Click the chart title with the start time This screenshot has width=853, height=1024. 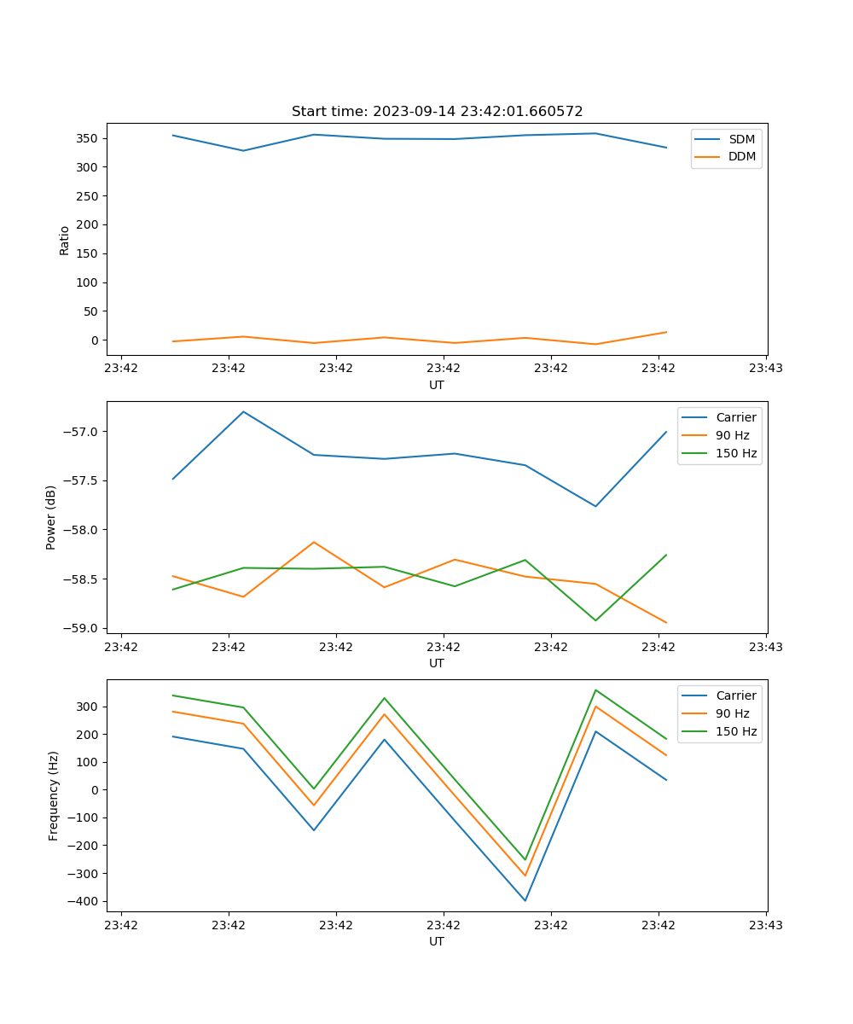click(x=437, y=112)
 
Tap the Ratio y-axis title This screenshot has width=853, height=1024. click(x=65, y=241)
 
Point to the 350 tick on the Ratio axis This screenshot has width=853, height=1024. click(x=88, y=138)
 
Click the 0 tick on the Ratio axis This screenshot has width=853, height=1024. click(x=95, y=340)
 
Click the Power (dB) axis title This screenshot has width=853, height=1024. click(x=51, y=517)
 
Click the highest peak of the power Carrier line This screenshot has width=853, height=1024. click(x=243, y=411)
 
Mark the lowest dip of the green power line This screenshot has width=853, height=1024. click(x=595, y=620)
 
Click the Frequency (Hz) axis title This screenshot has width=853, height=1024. click(x=53, y=795)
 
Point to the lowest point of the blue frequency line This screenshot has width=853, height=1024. click(x=525, y=900)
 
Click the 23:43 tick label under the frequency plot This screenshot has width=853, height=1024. click(x=766, y=925)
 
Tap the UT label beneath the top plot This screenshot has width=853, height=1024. click(x=437, y=385)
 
